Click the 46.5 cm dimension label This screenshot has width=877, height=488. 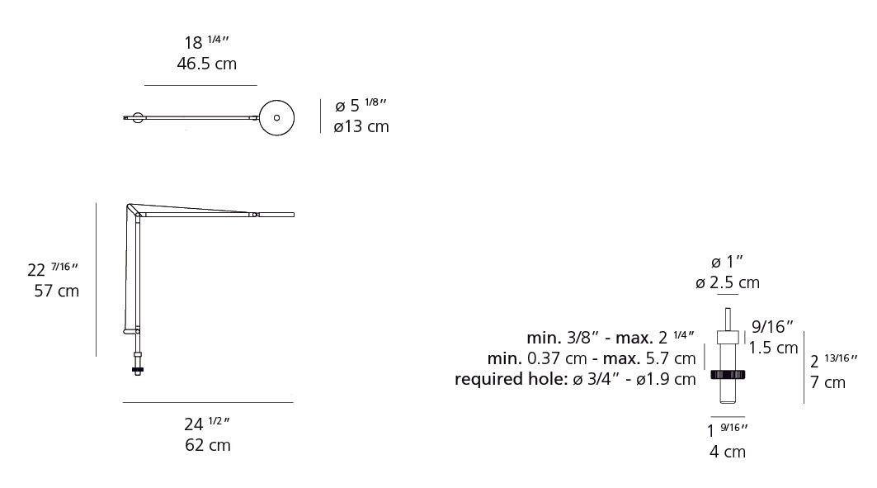(x=206, y=64)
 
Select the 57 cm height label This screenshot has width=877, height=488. (x=57, y=291)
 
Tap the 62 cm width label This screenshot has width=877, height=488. (x=207, y=445)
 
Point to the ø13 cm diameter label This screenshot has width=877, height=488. (x=361, y=126)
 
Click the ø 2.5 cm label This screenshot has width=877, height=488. (x=727, y=282)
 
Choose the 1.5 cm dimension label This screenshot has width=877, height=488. (x=775, y=348)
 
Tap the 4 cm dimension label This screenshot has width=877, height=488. (x=727, y=452)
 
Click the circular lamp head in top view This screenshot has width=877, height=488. (x=276, y=117)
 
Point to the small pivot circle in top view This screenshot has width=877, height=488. (x=137, y=118)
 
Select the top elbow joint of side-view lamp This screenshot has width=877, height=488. (x=134, y=210)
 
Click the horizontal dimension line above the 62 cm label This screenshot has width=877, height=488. (x=207, y=402)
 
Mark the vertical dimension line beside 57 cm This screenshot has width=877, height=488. (x=97, y=280)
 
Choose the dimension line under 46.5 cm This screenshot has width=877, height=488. (x=200, y=85)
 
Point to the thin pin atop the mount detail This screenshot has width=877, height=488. (x=727, y=319)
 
